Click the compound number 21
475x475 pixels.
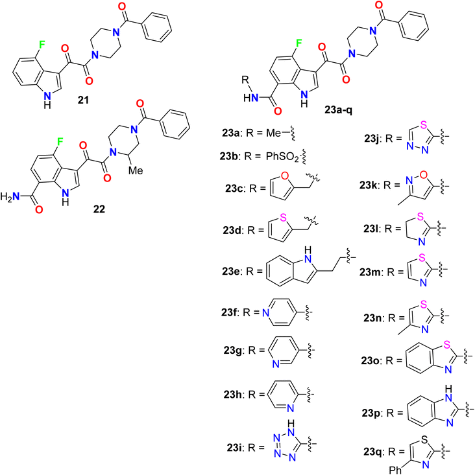(x=83, y=100)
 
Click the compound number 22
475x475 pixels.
(x=99, y=209)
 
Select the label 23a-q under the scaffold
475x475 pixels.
(x=339, y=110)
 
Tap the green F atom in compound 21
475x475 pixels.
(x=42, y=45)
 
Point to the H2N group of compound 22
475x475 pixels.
(x=10, y=196)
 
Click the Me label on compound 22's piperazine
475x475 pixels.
(x=136, y=170)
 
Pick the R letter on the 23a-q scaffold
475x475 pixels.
(x=245, y=80)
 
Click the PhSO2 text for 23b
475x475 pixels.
(x=282, y=157)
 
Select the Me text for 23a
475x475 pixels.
(x=273, y=133)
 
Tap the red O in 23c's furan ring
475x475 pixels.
(x=284, y=176)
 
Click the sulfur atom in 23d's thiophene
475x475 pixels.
(x=284, y=217)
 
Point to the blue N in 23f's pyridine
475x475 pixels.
(x=265, y=312)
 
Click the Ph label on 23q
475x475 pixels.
(x=395, y=470)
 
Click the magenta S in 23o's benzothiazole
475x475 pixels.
(x=446, y=345)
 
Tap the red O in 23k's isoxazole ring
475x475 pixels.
(x=424, y=175)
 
